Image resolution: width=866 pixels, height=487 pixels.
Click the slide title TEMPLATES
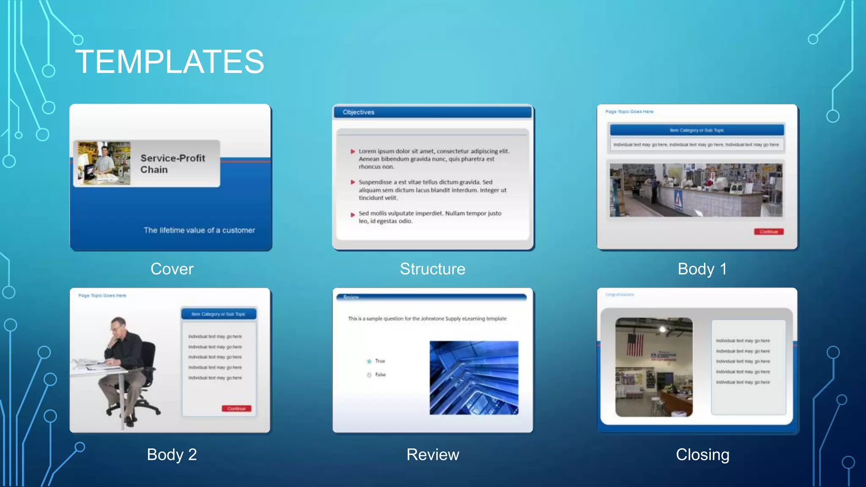click(170, 62)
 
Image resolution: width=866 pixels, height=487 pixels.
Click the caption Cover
click(172, 269)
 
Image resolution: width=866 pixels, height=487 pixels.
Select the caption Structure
click(433, 269)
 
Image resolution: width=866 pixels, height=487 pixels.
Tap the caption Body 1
click(702, 269)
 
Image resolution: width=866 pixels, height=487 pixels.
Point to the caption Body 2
click(172, 454)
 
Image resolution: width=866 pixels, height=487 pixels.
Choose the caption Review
click(433, 454)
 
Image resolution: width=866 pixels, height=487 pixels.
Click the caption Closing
click(702, 454)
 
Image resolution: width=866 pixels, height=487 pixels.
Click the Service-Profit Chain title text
click(173, 164)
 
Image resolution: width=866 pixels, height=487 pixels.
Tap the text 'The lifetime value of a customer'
click(199, 230)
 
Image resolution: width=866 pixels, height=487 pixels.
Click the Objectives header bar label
click(359, 112)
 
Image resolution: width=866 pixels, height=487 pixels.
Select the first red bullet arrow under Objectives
click(353, 151)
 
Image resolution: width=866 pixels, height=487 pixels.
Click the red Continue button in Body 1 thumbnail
click(768, 232)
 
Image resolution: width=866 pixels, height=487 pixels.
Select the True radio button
click(369, 361)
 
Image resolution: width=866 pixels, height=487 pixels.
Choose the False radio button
click(369, 375)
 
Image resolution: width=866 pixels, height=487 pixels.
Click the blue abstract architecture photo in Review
click(474, 378)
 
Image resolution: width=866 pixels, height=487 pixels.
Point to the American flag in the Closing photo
click(635, 345)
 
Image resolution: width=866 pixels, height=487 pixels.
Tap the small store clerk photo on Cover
click(104, 163)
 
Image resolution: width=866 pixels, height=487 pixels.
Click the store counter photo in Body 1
click(696, 190)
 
